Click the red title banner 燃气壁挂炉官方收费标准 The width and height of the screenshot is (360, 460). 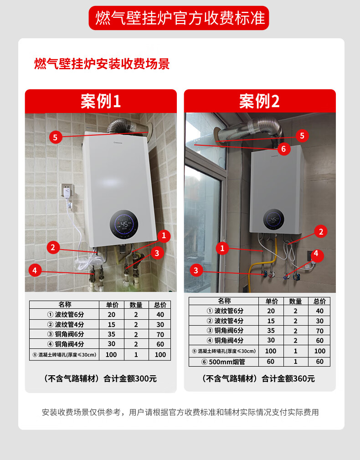point(179,18)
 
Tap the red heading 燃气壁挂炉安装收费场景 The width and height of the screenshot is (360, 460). point(102,64)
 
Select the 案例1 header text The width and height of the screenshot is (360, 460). point(101,101)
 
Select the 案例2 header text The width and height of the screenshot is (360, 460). point(260,101)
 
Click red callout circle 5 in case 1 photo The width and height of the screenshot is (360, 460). point(55,137)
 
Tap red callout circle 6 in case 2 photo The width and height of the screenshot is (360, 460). point(283,149)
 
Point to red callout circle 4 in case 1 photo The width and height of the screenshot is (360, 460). point(35,270)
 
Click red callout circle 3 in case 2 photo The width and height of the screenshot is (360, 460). point(196,270)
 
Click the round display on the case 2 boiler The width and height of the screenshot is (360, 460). point(273,220)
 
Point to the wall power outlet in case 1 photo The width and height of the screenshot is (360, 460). point(67,190)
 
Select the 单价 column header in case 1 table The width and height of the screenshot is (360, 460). point(112,305)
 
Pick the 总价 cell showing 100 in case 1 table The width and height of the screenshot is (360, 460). point(160,355)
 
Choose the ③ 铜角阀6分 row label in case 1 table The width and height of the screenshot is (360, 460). point(66,334)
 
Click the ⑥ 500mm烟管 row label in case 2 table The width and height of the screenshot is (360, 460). point(223,362)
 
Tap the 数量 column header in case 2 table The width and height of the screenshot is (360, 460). point(295,302)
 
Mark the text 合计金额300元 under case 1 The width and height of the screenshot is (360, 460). point(130,378)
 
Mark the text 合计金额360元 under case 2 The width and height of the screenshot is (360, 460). point(288,378)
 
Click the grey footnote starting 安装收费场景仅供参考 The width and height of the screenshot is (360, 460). point(180,412)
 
